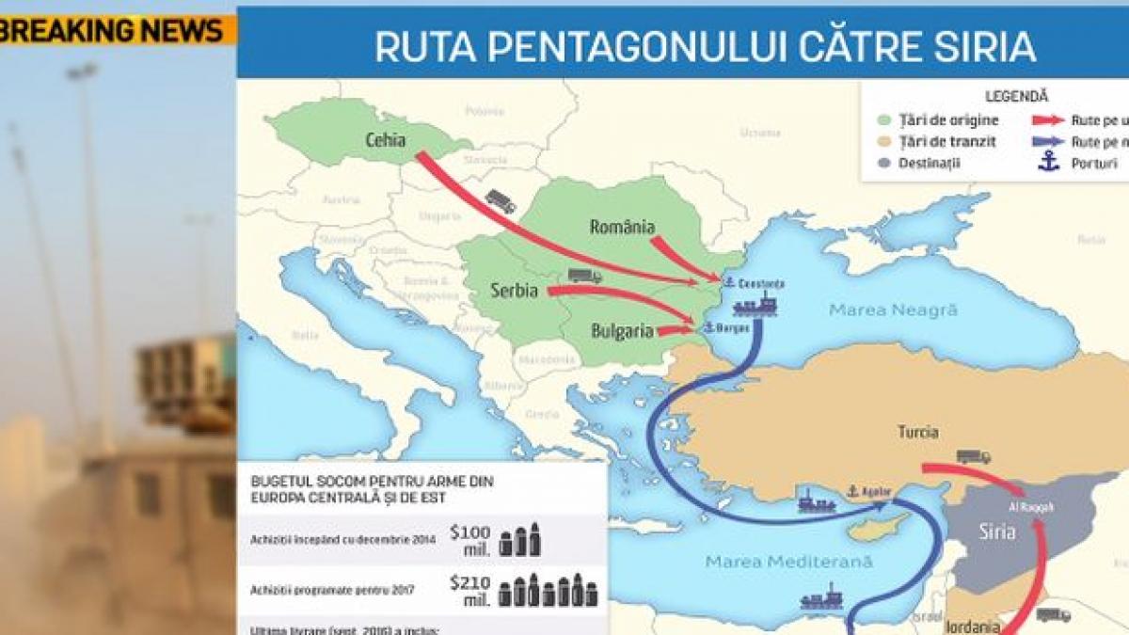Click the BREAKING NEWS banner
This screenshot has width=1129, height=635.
click(113, 30)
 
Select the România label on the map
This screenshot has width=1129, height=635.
click(622, 227)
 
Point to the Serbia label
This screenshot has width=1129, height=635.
click(515, 291)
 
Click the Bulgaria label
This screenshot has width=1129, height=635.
click(622, 331)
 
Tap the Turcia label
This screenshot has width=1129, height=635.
click(917, 432)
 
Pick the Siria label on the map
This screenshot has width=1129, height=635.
click(996, 532)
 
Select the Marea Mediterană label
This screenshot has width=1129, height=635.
click(789, 562)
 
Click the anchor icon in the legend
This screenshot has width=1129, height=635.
click(1048, 162)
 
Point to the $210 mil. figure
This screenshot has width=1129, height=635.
click(469, 590)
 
